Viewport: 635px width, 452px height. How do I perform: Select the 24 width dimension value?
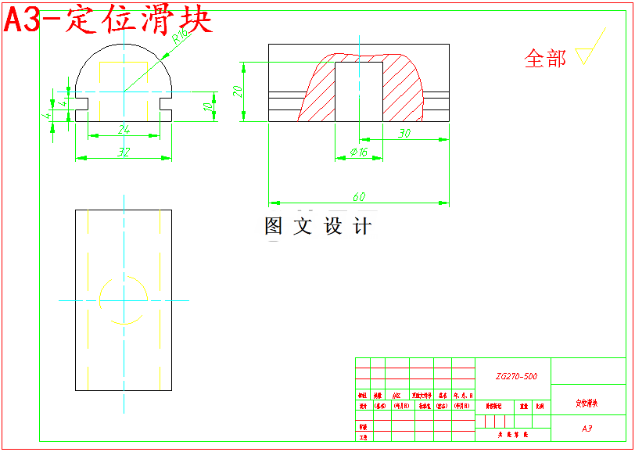click(x=124, y=129)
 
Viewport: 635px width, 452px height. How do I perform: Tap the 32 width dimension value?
click(x=124, y=152)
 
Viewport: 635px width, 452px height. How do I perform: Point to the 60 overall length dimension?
click(x=359, y=196)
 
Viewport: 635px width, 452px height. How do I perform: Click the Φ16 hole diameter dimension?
click(x=359, y=152)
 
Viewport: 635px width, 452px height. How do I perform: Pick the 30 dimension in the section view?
click(x=404, y=134)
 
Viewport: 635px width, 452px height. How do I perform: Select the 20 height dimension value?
click(x=238, y=91)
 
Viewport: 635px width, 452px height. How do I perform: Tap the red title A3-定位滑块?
click(x=108, y=20)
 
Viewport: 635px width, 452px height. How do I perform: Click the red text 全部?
click(x=545, y=58)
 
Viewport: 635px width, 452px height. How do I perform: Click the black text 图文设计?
click(x=317, y=227)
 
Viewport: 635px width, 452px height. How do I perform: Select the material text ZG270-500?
click(x=516, y=376)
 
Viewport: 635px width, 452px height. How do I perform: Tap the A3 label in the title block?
click(x=587, y=429)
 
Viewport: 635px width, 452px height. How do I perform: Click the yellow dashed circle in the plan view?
click(x=124, y=300)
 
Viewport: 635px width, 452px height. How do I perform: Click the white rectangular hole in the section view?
click(x=359, y=91)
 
